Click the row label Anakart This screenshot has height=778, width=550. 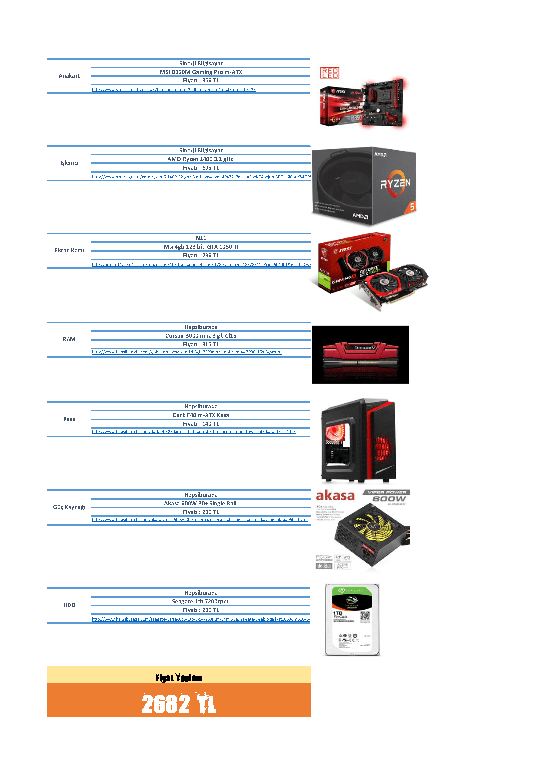69,76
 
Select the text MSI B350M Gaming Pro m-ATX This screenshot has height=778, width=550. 201,72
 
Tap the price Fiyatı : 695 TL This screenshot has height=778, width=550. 201,168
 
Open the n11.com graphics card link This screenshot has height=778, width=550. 201,265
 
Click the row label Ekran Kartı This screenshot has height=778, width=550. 69,250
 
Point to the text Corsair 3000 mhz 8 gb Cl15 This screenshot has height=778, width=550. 201,336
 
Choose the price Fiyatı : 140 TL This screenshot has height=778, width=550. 201,424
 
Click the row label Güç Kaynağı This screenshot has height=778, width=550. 69,507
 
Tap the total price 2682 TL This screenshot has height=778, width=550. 179,704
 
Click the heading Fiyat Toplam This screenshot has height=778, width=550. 179,678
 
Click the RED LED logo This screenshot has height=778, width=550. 330,73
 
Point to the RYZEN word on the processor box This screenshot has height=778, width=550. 395,183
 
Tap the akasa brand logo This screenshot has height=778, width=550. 335,496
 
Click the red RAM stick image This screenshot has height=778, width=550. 360,355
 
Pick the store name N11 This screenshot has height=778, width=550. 201,238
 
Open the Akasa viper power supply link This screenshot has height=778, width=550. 200,520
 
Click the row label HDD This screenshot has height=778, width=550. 69,605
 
